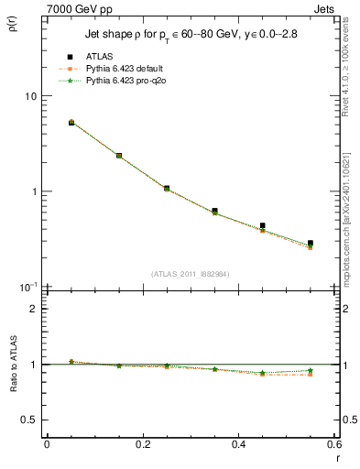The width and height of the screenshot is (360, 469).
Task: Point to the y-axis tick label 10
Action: click(x=29, y=96)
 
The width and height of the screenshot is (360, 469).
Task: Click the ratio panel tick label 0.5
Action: click(x=27, y=420)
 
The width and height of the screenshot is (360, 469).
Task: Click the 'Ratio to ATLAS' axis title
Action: click(x=13, y=365)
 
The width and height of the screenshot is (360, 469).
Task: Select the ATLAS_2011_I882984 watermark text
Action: click(x=190, y=274)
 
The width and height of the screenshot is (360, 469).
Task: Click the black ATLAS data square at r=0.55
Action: click(x=311, y=244)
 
